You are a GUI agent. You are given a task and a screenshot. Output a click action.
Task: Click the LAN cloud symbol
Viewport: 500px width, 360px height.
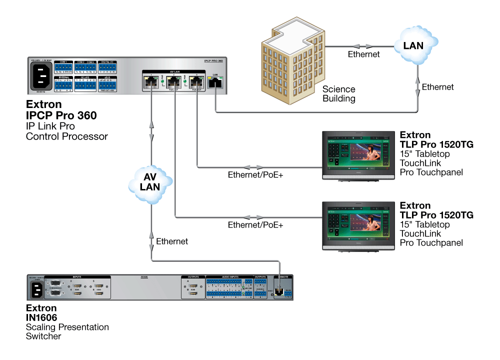[x=413, y=45]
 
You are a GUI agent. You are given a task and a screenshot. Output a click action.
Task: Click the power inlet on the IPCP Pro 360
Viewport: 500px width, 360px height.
[x=42, y=76]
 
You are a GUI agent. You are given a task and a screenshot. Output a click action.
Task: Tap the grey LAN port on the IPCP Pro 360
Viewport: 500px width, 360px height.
[x=215, y=83]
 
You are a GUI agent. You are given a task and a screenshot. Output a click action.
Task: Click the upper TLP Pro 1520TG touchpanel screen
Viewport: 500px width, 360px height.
[x=358, y=151]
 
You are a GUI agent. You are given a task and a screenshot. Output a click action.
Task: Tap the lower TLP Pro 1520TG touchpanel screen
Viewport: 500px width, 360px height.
[x=358, y=222]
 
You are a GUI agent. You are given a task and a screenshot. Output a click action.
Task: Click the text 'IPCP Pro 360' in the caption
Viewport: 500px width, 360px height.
[x=61, y=115]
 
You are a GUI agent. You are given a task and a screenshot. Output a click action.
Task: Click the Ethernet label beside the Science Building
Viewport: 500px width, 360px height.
[x=363, y=54]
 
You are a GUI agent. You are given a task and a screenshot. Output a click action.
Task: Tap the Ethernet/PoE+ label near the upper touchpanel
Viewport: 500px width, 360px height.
[x=255, y=175]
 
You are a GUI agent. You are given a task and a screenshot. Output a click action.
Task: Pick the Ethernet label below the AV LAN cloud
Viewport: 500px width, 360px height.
[x=172, y=241]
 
